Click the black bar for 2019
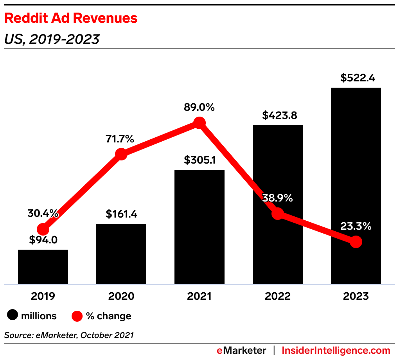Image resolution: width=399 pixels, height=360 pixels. point(43,267)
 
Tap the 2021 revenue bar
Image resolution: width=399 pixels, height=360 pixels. point(199,227)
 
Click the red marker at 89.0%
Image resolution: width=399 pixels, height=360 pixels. point(199,123)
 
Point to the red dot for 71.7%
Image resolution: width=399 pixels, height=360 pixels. point(121,154)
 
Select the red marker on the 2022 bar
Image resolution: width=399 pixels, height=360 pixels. point(278,213)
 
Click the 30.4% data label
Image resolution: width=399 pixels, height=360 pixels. point(43,214)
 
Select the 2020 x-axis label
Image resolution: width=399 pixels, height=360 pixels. point(121,296)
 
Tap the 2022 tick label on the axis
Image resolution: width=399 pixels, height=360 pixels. point(278,296)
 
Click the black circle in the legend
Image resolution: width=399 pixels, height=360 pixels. point(13,316)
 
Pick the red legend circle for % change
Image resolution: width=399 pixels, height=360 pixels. point(77,316)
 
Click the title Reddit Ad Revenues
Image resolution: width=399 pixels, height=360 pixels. point(71,18)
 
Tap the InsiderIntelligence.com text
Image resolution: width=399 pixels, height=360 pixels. point(336,350)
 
